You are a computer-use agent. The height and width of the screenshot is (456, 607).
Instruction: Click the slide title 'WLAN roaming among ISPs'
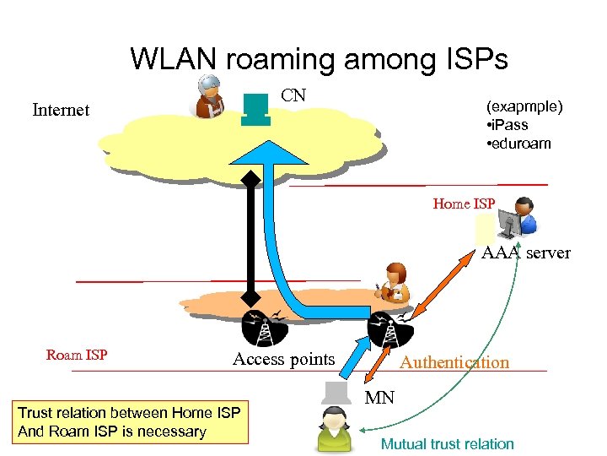(320, 59)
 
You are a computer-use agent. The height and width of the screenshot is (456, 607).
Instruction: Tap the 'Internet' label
(61, 110)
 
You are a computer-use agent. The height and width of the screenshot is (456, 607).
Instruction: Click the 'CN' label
(293, 95)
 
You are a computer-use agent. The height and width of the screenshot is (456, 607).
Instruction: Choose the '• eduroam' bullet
(518, 144)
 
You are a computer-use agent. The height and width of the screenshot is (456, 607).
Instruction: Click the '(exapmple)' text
(524, 107)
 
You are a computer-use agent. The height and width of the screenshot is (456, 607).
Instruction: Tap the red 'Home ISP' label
(464, 204)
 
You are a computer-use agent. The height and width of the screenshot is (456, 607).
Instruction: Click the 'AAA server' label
(526, 252)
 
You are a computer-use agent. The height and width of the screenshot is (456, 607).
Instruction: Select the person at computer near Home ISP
(518, 219)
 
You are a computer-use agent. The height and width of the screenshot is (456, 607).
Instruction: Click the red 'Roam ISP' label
(77, 355)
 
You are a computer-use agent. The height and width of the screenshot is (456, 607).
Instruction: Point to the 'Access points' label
(283, 360)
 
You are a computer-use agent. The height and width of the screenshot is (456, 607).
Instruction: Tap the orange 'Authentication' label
(454, 362)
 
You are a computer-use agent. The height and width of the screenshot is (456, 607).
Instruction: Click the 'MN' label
(379, 398)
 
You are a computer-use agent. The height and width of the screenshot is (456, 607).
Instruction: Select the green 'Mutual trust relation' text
(447, 444)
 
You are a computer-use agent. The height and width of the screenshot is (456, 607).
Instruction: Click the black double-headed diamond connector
(250, 238)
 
